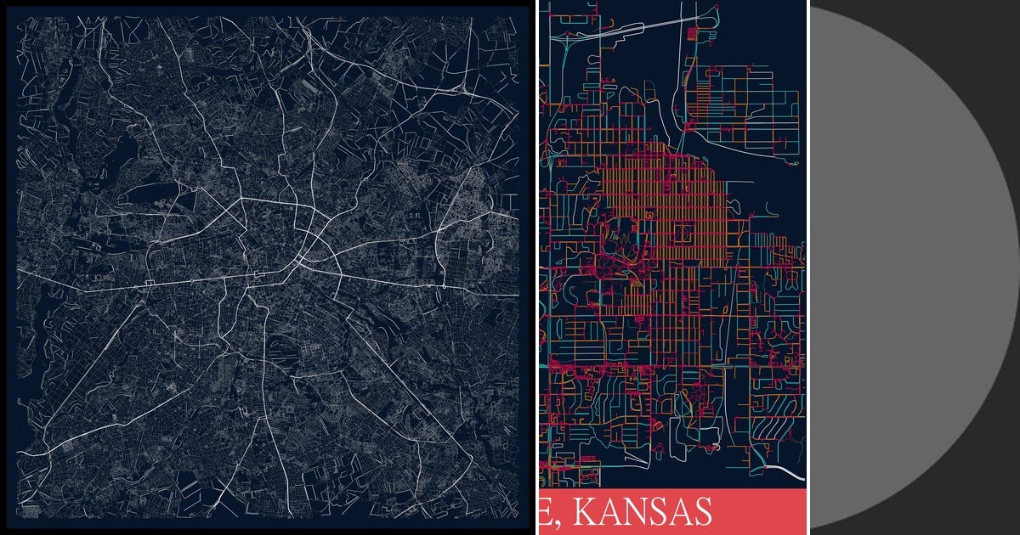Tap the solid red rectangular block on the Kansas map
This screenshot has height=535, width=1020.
coord(693,34)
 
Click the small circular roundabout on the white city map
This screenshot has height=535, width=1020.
coord(444,287)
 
